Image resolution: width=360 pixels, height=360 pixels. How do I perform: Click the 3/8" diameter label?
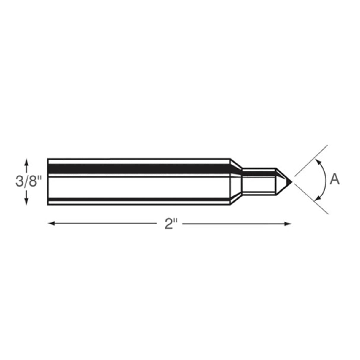[x=28, y=181]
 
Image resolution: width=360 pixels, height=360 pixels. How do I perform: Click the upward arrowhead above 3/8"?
[x=26, y=162]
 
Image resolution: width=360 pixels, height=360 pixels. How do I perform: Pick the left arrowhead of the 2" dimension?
[x=51, y=223]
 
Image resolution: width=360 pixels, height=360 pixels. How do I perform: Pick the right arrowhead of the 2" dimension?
[x=288, y=224]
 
